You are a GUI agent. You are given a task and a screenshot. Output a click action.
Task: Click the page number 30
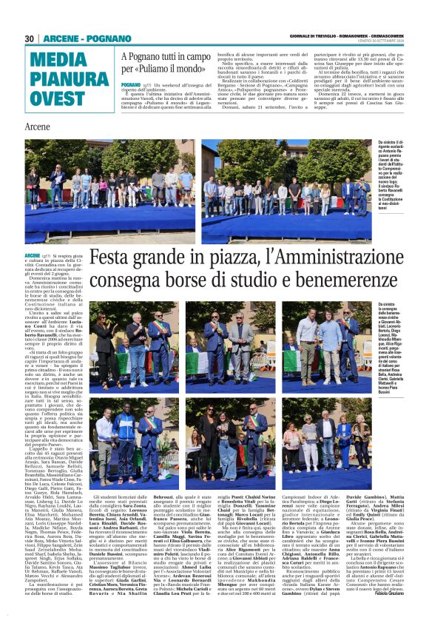pyautogui.click(x=30, y=38)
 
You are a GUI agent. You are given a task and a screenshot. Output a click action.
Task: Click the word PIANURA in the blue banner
pyautogui.click(x=60, y=78)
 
